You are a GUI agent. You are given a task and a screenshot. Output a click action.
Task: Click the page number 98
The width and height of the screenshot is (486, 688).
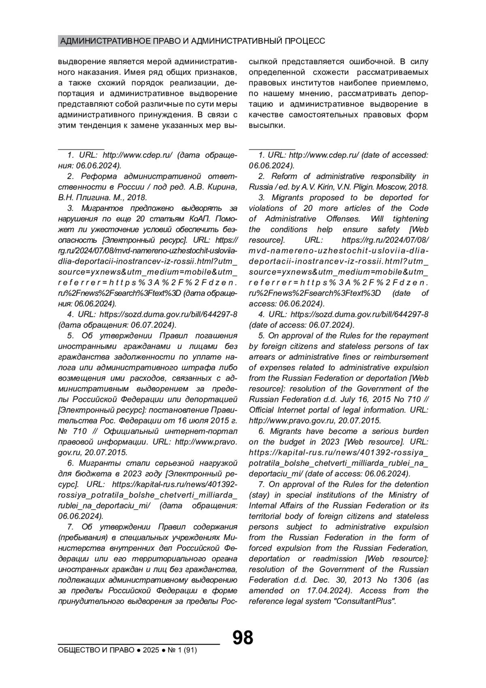[243, 638]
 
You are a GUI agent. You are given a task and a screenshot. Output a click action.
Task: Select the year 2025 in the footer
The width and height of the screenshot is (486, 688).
[151, 650]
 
